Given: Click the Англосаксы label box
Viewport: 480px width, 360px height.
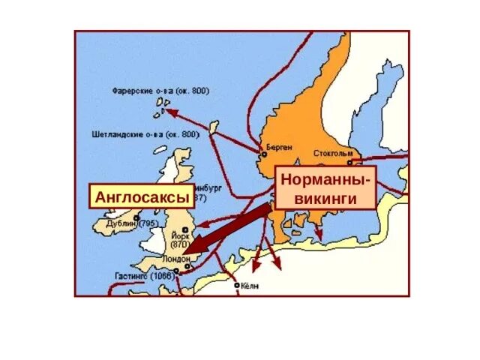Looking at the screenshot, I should (138, 197).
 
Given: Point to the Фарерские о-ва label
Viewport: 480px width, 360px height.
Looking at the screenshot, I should (161, 91).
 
